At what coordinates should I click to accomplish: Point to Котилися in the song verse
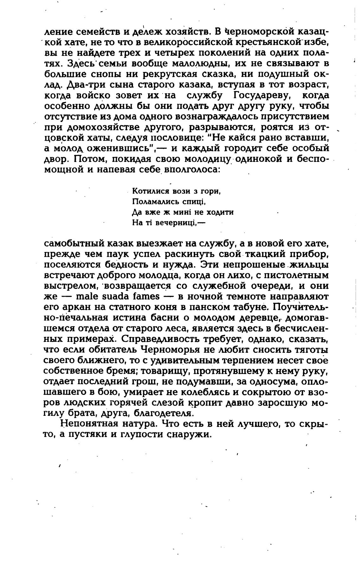coord(149,191)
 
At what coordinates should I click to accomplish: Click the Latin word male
coord(80,297)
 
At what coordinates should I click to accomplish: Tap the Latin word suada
coord(111,297)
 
